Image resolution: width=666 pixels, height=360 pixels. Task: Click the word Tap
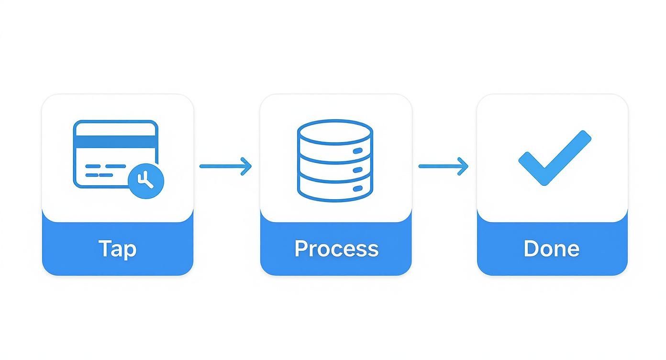(117, 249)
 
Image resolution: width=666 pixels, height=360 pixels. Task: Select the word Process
(336, 249)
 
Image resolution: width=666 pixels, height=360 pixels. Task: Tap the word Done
(551, 249)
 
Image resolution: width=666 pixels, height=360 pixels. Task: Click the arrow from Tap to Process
(225, 166)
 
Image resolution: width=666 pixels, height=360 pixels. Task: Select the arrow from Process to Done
(443, 166)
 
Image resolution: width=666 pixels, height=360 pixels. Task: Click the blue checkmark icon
(555, 157)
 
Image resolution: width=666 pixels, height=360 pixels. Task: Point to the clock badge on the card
(146, 180)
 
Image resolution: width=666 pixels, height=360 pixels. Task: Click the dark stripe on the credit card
(115, 142)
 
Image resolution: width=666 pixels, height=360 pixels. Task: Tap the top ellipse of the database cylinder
(334, 132)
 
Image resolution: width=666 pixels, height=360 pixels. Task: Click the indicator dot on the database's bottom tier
(358, 189)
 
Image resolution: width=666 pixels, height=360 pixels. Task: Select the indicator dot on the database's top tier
(358, 151)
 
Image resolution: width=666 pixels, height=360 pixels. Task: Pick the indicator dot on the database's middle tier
(358, 170)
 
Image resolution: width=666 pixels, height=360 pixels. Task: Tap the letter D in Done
(531, 248)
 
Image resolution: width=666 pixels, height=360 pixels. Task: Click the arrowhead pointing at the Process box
(246, 166)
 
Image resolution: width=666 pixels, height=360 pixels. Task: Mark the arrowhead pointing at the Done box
(463, 166)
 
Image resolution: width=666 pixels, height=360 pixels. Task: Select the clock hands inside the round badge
(144, 180)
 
